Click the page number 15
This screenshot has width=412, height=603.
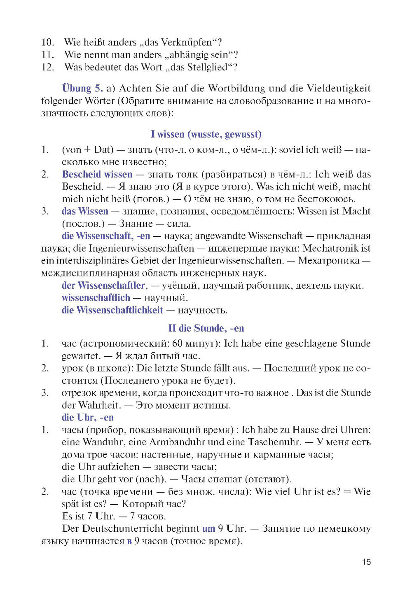coord(366,562)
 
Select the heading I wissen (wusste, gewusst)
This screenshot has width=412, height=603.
coord(206,134)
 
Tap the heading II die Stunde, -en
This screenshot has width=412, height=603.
coord(206,328)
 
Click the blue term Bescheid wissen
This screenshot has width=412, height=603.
coord(97,174)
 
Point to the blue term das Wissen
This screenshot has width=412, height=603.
coord(85,211)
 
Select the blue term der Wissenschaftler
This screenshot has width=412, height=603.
coord(103,285)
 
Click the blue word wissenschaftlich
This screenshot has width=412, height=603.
coord(96,298)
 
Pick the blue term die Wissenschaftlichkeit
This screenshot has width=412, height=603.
coord(112,310)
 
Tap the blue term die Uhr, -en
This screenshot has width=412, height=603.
coord(87,418)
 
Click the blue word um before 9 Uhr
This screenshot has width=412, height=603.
coord(208,528)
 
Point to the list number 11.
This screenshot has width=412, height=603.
coord(48,55)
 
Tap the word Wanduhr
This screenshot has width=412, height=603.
coord(103,442)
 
